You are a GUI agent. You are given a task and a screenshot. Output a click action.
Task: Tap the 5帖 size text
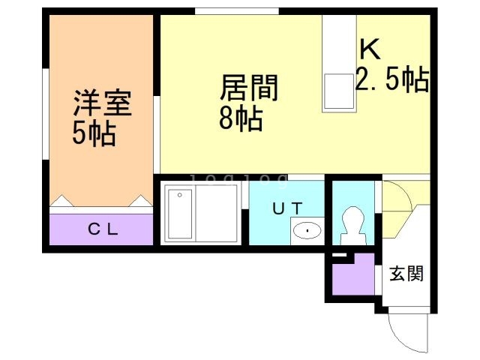coord(93,133)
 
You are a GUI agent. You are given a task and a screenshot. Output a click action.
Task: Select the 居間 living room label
coord(248,88)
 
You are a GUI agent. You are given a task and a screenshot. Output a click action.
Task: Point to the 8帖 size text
coord(241,118)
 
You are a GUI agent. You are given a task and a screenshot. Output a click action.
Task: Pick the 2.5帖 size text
coord(391,79)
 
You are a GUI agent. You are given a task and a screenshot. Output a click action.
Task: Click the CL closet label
coord(103,230)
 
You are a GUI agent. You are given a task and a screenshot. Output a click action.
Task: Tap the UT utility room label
coord(286,209)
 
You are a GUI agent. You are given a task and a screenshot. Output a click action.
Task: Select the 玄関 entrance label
coord(406,274)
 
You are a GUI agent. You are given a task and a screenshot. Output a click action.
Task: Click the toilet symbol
coord(352,223)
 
